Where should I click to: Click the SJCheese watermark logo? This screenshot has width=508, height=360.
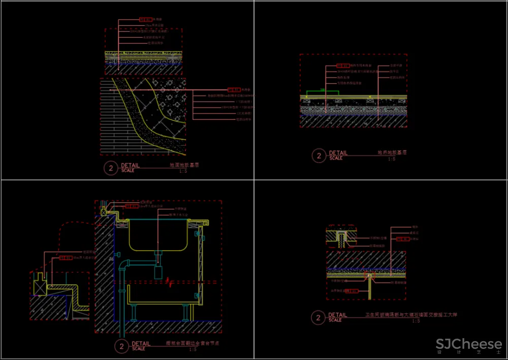click(468, 345)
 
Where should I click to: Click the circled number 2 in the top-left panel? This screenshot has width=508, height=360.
click(111, 168)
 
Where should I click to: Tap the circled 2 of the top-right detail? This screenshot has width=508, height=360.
click(319, 156)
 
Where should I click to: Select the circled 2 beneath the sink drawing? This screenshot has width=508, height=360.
click(121, 347)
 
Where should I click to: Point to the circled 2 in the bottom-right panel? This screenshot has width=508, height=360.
click(318, 318)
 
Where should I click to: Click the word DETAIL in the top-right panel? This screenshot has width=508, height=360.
click(338, 153)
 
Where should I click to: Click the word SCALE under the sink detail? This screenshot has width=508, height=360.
click(139, 349)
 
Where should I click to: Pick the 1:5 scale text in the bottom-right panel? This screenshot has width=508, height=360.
click(416, 321)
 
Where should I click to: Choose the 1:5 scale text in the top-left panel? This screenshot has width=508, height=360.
click(183, 171)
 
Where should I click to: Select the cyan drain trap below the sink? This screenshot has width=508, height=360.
click(158, 269)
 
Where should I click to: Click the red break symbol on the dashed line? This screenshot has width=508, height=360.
click(169, 281)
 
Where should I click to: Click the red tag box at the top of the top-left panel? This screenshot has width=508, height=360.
click(145, 20)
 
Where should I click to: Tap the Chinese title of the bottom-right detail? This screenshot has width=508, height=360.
click(411, 315)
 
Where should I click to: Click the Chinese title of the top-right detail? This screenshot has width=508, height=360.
click(392, 153)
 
